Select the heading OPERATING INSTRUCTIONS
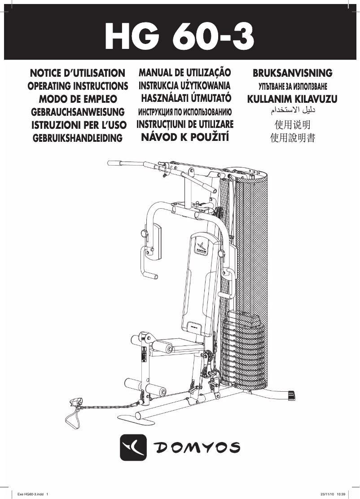pyautogui.click(x=78, y=86)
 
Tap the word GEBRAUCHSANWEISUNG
pyautogui.click(x=78, y=112)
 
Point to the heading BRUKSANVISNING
pyautogui.click(x=292, y=73)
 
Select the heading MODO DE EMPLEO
pyautogui.click(x=78, y=99)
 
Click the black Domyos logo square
pyautogui.click(x=134, y=447)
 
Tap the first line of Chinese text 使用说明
pyautogui.click(x=292, y=124)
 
